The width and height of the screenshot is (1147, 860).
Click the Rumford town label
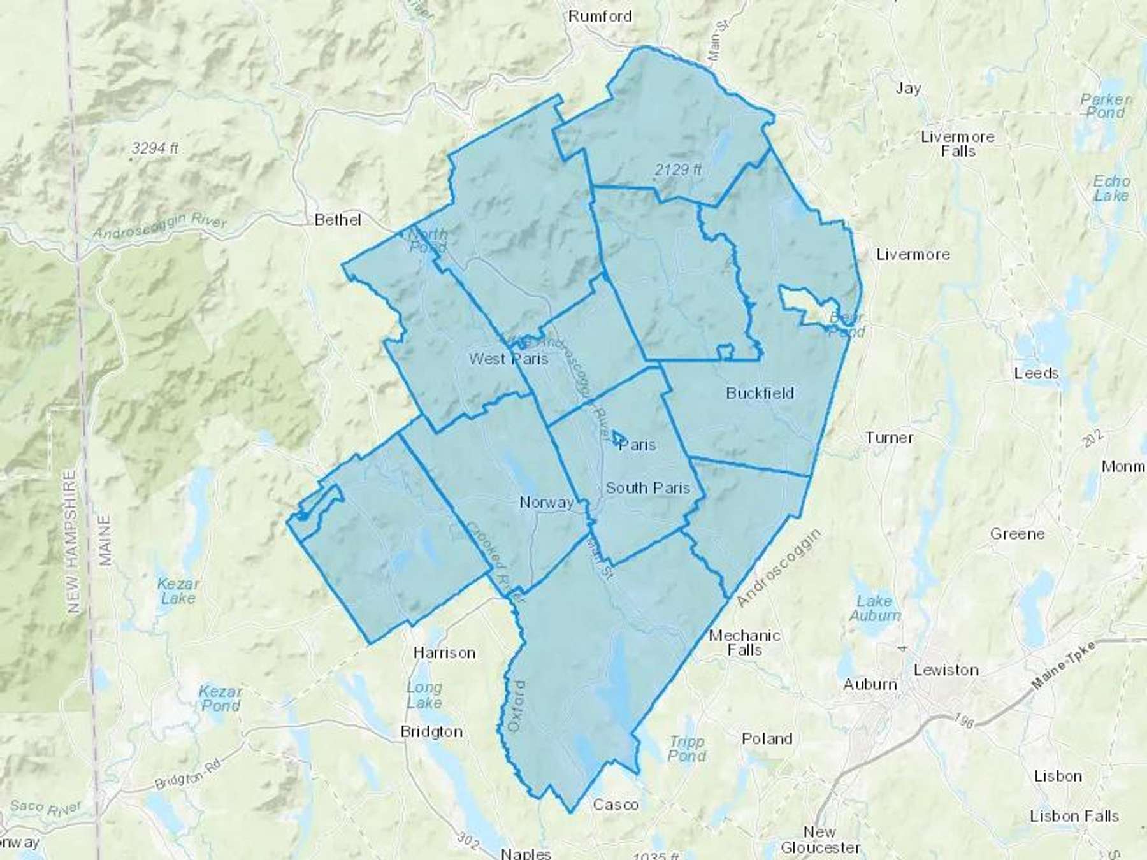pos(600,16)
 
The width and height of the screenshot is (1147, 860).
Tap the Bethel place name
pos(338,220)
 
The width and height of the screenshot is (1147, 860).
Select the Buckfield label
pos(760,393)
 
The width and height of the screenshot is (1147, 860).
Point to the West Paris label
pos(509,359)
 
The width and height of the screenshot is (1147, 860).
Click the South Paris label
pos(647,488)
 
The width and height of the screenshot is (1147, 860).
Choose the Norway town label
pos(547,503)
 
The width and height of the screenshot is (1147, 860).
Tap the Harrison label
pos(444,653)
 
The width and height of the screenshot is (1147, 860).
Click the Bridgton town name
pos(431,732)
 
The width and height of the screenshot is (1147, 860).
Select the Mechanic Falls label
pos(744,643)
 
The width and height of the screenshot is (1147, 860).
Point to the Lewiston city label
pos(946,670)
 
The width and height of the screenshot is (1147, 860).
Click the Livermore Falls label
pos(958,144)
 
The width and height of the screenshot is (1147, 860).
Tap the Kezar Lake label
pos(178,591)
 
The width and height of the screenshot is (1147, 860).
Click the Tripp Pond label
pos(687,749)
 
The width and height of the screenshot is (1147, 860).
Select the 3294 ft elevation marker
pos(155,148)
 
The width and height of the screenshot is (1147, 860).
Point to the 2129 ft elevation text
pos(678,169)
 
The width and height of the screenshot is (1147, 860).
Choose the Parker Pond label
pos(1106,106)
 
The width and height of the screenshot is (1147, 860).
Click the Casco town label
pos(616,805)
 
